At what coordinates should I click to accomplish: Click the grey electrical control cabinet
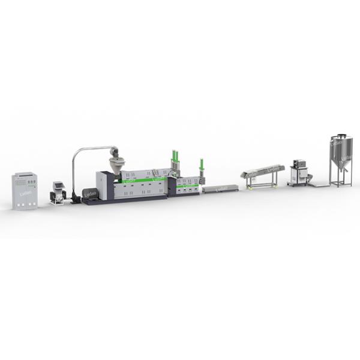(25, 190)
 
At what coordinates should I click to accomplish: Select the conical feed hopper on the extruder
(118, 163)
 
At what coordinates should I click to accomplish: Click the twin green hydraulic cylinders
(175, 157)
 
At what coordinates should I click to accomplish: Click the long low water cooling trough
(220, 189)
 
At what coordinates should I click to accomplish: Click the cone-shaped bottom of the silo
(340, 166)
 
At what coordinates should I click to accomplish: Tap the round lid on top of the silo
(340, 137)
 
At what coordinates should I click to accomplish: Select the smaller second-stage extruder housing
(187, 186)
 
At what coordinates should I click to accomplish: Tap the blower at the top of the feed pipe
(115, 151)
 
